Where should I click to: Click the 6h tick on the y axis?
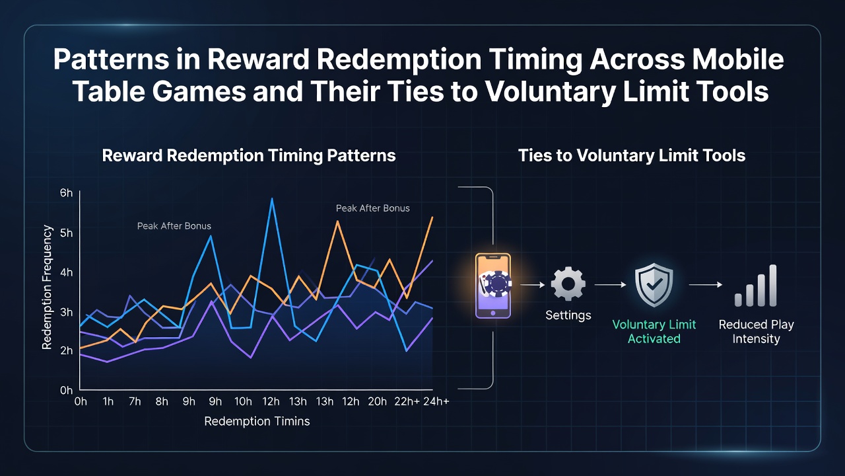click(67, 193)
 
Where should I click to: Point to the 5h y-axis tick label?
click(67, 233)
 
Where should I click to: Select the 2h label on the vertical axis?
click(67, 350)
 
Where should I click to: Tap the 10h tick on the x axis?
click(243, 401)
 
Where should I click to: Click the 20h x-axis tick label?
click(377, 401)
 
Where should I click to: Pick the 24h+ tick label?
click(436, 401)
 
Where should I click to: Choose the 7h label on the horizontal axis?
click(135, 401)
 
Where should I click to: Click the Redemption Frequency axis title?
click(47, 287)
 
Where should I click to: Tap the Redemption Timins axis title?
click(257, 421)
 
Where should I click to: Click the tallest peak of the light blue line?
click(272, 198)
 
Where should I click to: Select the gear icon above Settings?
click(568, 284)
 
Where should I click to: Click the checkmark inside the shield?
click(654, 284)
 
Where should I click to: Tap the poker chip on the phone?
click(498, 284)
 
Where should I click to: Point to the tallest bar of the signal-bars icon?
click(772, 285)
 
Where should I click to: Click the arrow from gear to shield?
click(611, 285)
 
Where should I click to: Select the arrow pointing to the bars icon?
click(706, 285)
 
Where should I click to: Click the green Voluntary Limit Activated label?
click(654, 331)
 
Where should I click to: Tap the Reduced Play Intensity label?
click(757, 331)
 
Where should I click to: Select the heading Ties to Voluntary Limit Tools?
click(632, 155)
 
